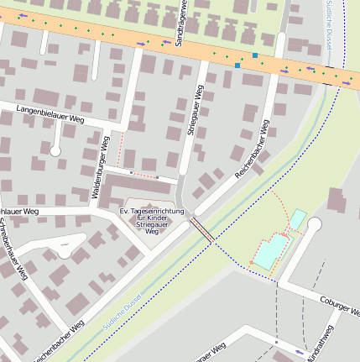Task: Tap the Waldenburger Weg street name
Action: pyautogui.click(x=101, y=167)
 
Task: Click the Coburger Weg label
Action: pyautogui.click(x=339, y=304)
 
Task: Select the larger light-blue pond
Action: pyautogui.click(x=269, y=251)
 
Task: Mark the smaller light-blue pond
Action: pyautogui.click(x=297, y=219)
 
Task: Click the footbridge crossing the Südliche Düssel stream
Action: pyautogui.click(x=201, y=230)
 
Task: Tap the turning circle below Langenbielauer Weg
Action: pyautogui.click(x=55, y=151)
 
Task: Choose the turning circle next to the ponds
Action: pyautogui.click(x=315, y=224)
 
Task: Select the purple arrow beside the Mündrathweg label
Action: pyautogui.click(x=300, y=351)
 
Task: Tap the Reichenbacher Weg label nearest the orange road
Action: pyautogui.click(x=252, y=148)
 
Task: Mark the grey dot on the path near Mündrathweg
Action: pyautogui.click(x=275, y=342)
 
